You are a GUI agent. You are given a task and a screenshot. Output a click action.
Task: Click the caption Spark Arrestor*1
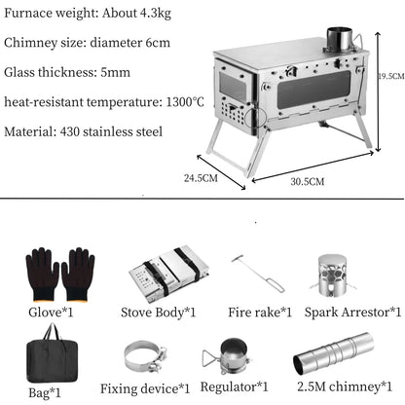(351, 312)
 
